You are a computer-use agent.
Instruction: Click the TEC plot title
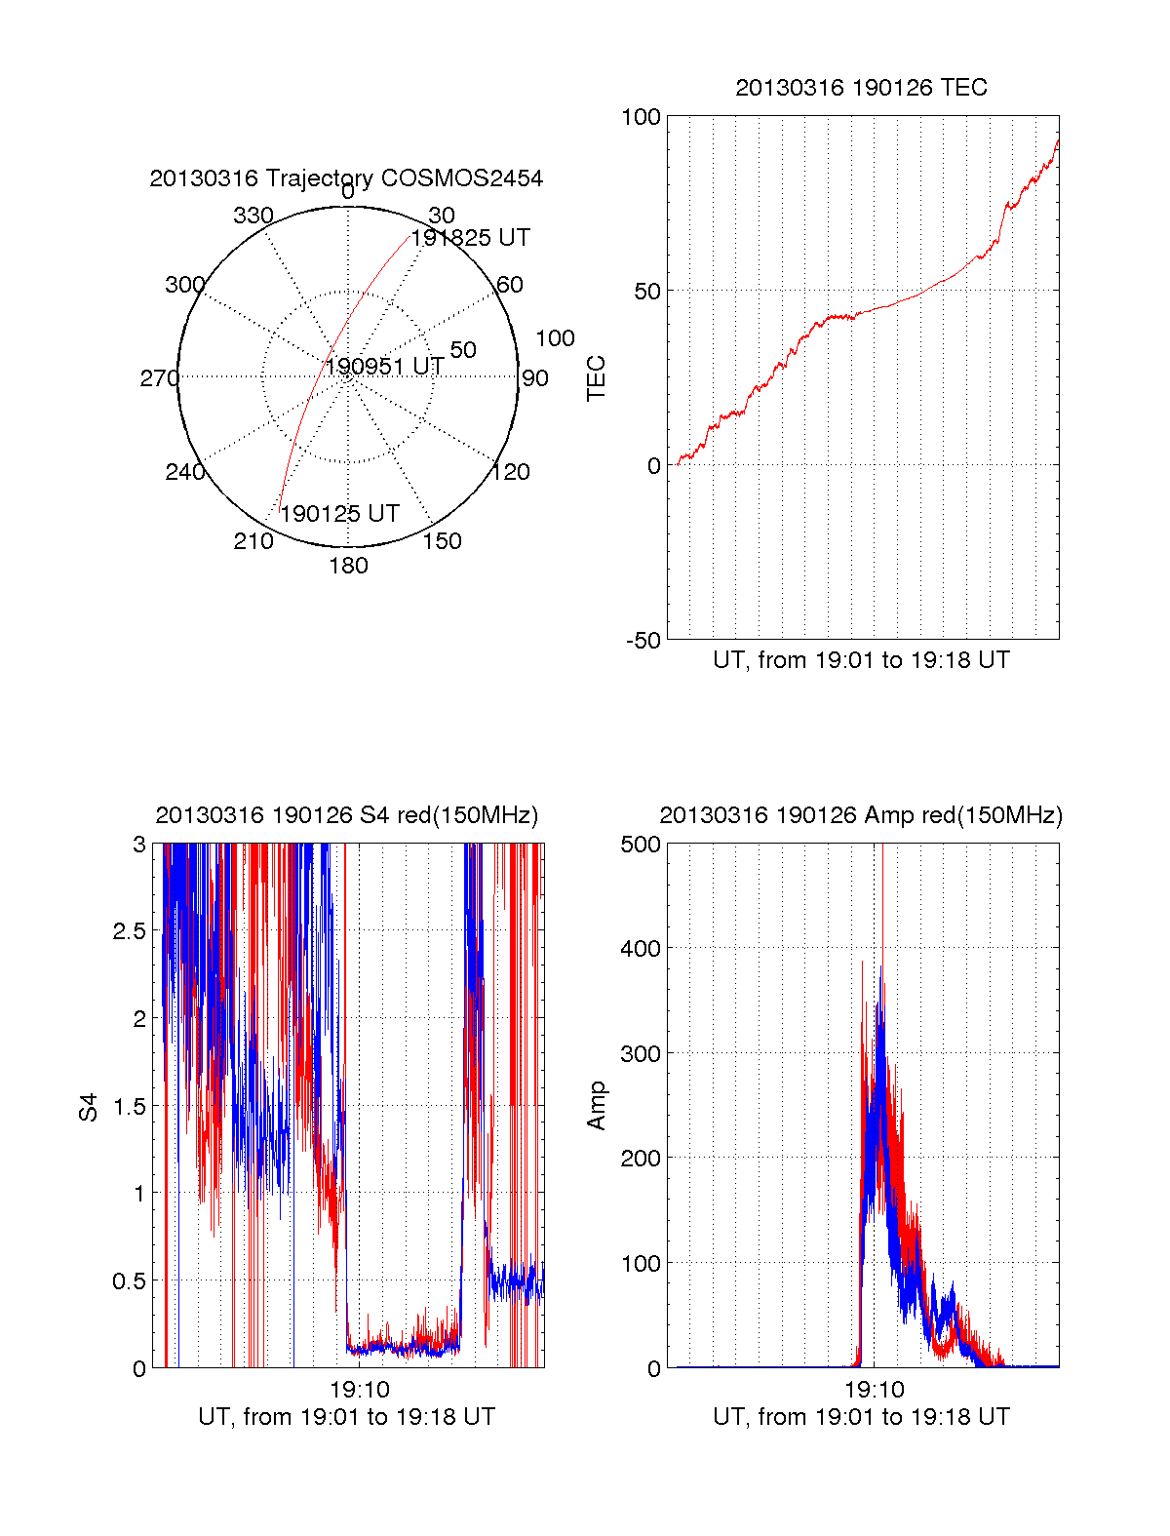[x=861, y=88]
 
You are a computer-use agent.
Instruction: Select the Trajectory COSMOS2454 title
[x=346, y=178]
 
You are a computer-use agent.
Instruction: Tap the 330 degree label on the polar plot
[x=253, y=216]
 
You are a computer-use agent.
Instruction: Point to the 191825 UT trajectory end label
[x=470, y=238]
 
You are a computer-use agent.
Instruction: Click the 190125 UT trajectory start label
[x=339, y=514]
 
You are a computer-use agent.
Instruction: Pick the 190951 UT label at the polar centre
[x=384, y=367]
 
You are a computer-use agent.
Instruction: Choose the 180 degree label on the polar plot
[x=348, y=566]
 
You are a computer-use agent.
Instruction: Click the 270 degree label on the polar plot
[x=159, y=378]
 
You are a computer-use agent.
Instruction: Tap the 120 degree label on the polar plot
[x=511, y=472]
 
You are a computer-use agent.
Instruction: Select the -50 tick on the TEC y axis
[x=643, y=641]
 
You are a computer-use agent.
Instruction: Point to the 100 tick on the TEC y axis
[x=641, y=117]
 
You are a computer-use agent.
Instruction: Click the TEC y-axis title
[x=596, y=378]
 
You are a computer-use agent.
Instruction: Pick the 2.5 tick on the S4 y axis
[x=129, y=931]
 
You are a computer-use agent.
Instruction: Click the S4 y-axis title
[x=89, y=1107]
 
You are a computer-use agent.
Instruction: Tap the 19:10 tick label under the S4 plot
[x=359, y=1390]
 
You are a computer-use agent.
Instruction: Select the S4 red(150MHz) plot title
[x=346, y=815]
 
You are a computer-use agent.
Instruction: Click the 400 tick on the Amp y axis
[x=641, y=949]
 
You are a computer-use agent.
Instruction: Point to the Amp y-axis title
[x=596, y=1106]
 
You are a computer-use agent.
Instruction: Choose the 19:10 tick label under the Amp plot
[x=874, y=1390]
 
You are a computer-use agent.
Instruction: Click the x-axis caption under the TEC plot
[x=861, y=660]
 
